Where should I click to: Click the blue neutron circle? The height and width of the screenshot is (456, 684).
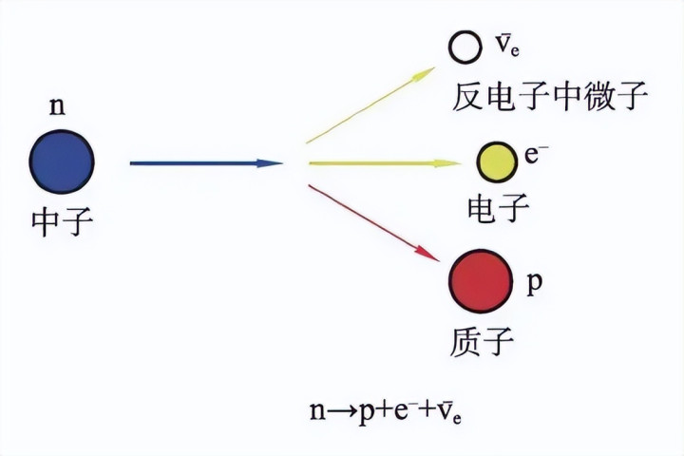click(x=62, y=161)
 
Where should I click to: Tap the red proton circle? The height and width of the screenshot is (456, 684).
click(x=481, y=281)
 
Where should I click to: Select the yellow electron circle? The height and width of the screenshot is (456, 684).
click(x=497, y=161)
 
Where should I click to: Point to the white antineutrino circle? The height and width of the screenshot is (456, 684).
click(x=465, y=47)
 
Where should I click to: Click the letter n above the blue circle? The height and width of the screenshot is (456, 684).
click(x=57, y=106)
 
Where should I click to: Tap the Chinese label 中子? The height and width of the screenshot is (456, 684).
click(x=62, y=221)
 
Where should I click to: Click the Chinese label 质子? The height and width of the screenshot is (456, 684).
click(x=482, y=341)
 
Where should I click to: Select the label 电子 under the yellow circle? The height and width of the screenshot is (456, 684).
click(x=498, y=208)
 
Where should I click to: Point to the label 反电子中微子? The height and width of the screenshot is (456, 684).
click(x=550, y=97)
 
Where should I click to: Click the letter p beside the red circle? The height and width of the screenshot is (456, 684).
click(x=535, y=284)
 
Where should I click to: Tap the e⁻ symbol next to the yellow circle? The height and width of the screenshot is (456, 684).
click(x=536, y=155)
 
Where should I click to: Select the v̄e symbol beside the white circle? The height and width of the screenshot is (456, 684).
click(x=507, y=45)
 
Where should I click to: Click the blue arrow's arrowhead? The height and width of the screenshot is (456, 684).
click(x=270, y=163)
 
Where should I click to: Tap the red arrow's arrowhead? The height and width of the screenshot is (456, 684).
click(x=427, y=255)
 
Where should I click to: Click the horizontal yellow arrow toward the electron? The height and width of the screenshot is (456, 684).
click(x=385, y=163)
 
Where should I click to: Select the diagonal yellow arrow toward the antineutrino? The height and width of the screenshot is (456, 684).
click(x=370, y=105)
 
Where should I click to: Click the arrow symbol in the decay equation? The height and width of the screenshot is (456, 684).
click(x=342, y=411)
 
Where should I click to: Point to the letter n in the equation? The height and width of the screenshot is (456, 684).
click(x=318, y=411)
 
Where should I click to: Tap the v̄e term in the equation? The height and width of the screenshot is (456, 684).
click(x=449, y=412)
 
